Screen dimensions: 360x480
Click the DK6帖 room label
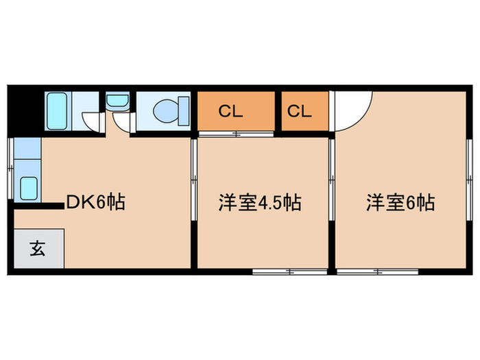coord(95,202)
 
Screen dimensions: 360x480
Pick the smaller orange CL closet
coord(300,111)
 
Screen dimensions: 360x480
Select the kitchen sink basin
coord(29,187)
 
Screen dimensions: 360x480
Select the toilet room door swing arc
coord(123,124)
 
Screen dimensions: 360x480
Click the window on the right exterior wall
coord(470,171)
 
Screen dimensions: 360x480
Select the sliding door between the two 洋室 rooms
coord(332,178)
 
